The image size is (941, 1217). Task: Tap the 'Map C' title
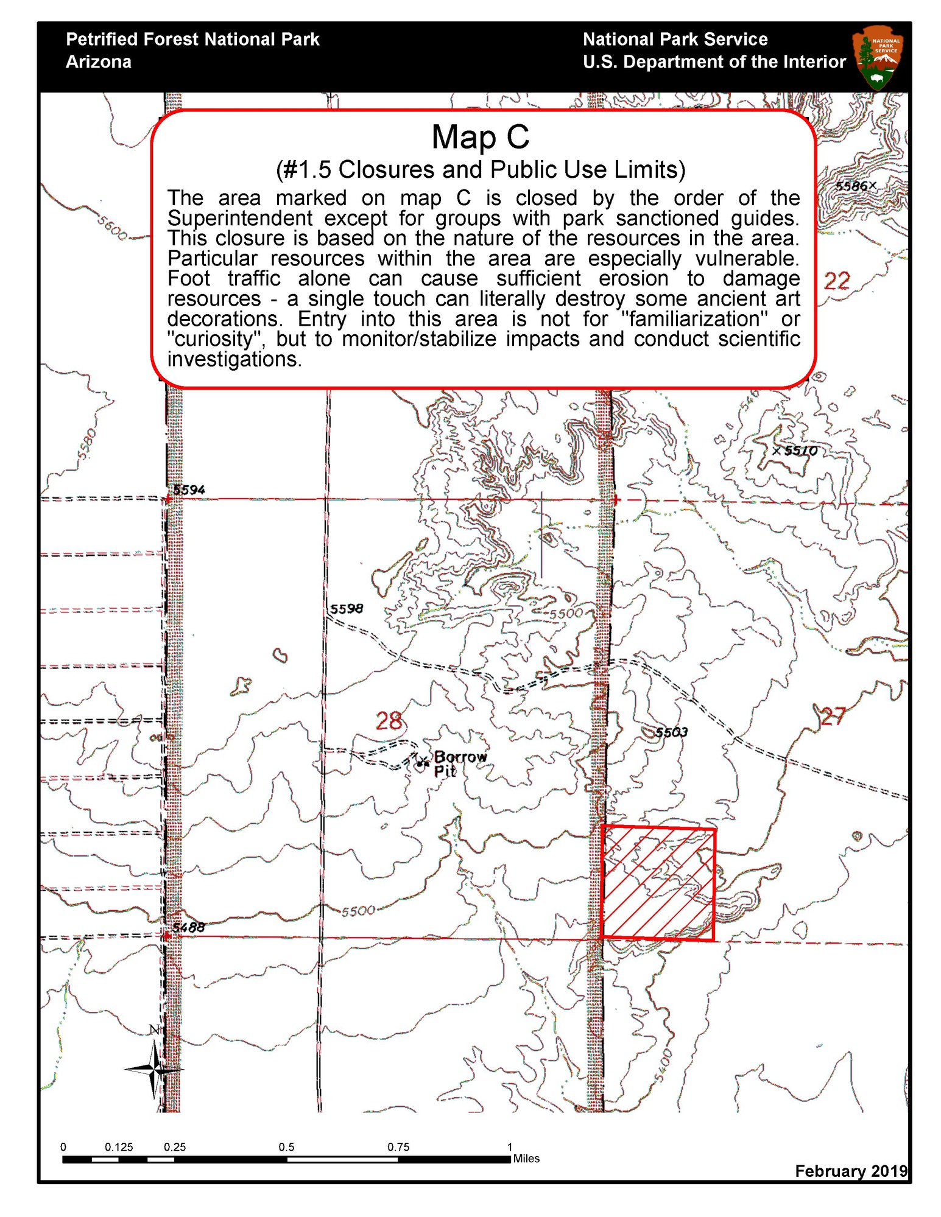point(480,137)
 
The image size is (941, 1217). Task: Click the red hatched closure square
point(658,883)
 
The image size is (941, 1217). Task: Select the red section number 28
point(389,721)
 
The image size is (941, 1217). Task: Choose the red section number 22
point(836,281)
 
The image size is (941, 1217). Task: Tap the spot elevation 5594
point(189,489)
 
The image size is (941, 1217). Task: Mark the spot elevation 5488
point(188,927)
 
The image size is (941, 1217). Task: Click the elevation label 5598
point(347,608)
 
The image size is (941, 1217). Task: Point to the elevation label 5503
point(671,732)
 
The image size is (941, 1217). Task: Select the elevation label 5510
point(800,451)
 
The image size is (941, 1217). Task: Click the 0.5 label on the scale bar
point(286,1147)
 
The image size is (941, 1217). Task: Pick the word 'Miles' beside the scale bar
point(526,1159)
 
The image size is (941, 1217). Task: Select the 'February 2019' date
point(850,1171)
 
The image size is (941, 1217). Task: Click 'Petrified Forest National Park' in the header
point(192,40)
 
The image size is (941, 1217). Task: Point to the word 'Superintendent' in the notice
point(239,218)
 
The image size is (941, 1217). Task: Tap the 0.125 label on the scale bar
point(119,1147)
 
